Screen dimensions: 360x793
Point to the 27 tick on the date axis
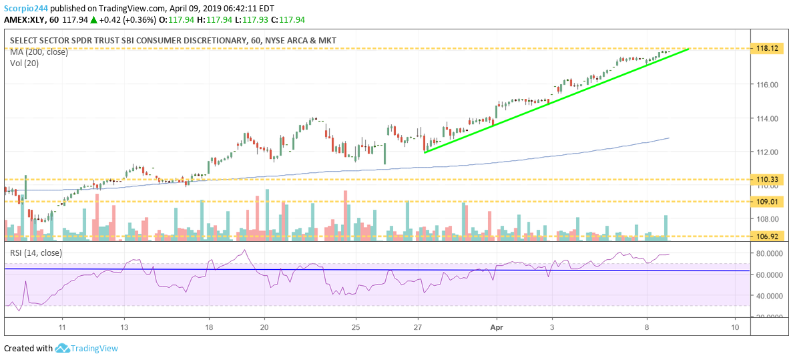[419, 327]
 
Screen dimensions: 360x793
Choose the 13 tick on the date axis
[124, 327]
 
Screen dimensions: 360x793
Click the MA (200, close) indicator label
[39, 52]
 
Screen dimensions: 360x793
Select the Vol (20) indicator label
[24, 63]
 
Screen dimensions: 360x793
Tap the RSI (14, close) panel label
[35, 252]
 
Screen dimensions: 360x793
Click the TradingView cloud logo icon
[63, 348]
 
